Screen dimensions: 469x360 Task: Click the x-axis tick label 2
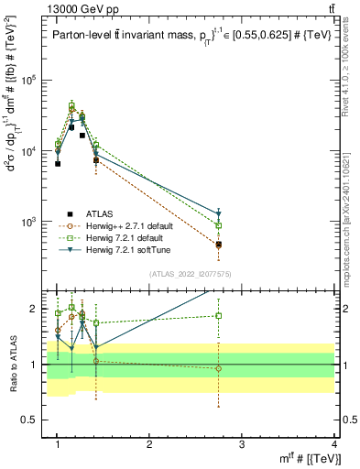(x=149, y=444)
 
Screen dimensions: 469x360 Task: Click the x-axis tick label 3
(x=242, y=444)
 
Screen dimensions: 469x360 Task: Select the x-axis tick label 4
(x=334, y=444)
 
